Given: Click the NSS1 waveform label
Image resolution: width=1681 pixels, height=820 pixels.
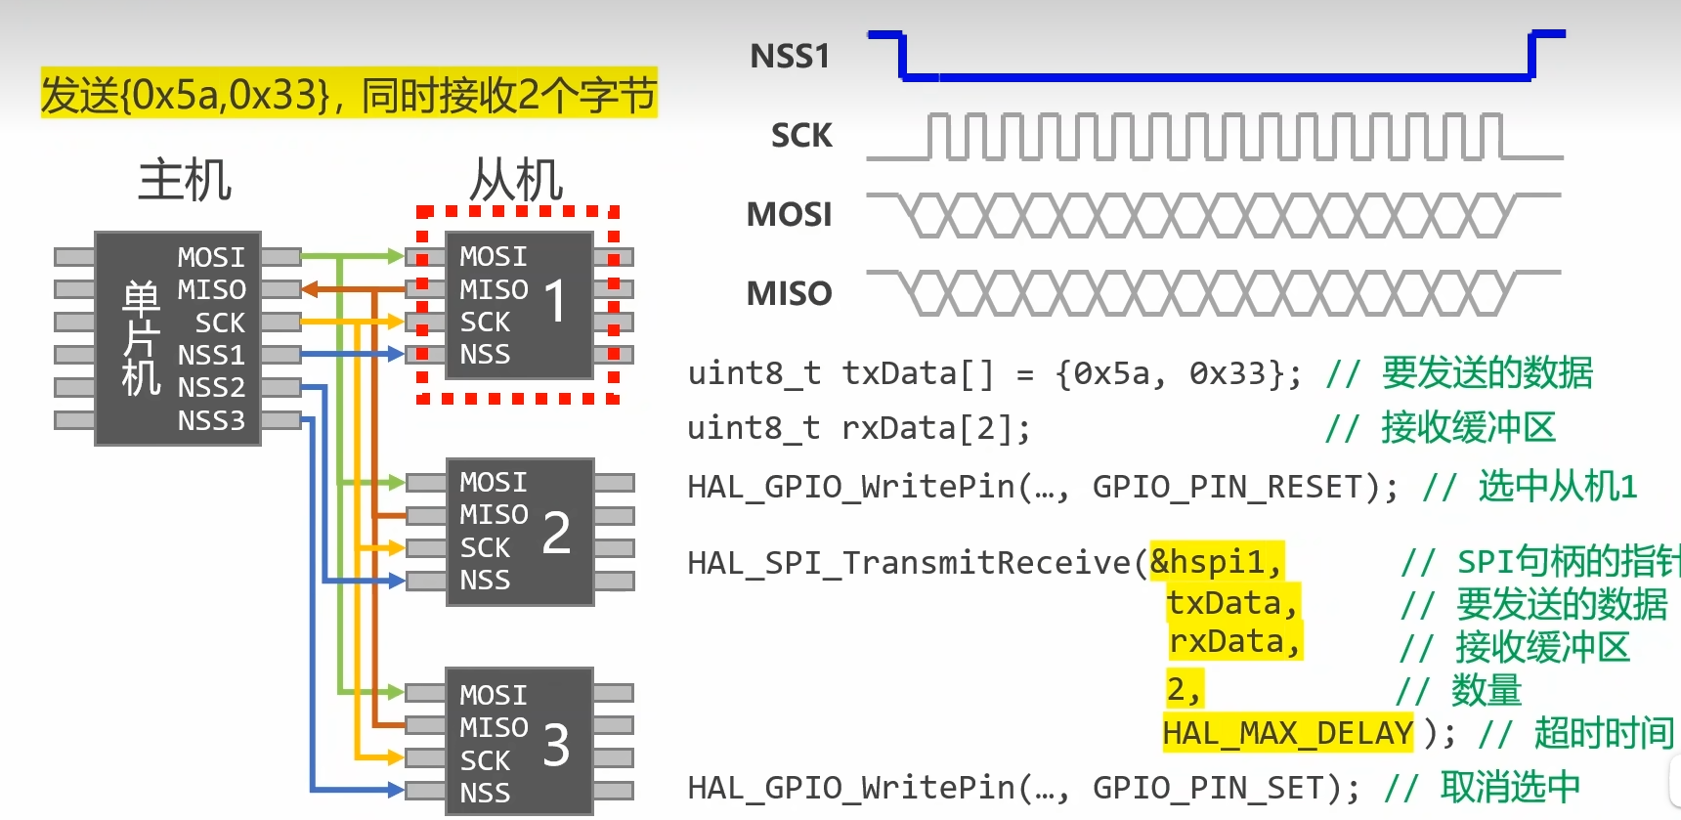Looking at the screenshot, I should [790, 57].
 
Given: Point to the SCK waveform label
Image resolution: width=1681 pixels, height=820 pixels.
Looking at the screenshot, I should [801, 136].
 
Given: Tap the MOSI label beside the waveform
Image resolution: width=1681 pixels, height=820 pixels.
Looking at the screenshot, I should [789, 215].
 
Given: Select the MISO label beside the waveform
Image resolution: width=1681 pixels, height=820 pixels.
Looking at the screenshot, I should [789, 294].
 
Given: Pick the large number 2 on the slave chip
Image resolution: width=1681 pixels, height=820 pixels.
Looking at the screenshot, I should [556, 534].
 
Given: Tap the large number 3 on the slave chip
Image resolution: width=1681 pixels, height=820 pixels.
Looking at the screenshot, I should [556, 747].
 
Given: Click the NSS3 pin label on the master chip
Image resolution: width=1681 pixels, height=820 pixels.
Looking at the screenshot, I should [211, 421].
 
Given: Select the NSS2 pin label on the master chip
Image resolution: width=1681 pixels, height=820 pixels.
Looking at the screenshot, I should [211, 388].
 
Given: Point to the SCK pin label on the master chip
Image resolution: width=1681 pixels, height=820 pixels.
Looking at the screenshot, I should [220, 324].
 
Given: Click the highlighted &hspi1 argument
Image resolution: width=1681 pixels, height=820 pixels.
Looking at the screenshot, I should [1216, 562].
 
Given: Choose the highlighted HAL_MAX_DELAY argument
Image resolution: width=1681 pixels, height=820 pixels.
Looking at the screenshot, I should [1287, 733].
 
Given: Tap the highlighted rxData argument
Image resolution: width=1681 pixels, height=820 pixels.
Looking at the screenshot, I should [1234, 642].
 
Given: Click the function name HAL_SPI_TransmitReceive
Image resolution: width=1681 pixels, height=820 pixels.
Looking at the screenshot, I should [909, 563].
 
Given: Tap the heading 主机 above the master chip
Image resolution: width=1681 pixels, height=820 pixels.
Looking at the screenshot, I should [185, 181].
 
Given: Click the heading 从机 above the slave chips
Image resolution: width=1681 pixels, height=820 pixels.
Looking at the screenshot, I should [517, 181].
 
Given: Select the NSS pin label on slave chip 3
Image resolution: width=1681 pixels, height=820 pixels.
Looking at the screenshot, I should [485, 794].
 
